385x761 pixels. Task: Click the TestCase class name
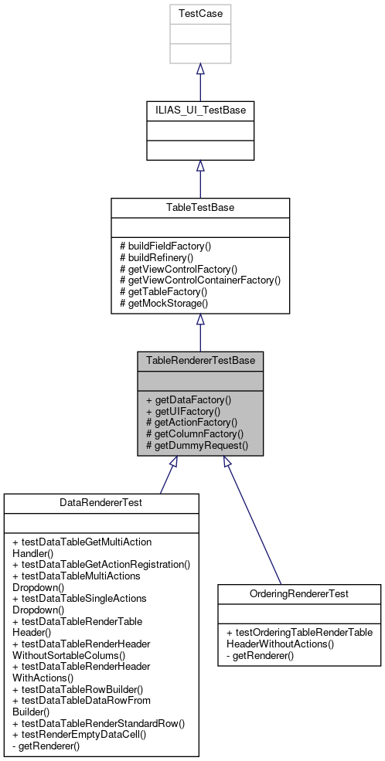click(x=200, y=14)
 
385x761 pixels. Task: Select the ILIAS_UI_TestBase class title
click(x=200, y=110)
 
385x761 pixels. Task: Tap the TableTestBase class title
click(x=200, y=208)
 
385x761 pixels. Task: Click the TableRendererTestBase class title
click(x=200, y=361)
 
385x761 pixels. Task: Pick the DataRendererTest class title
click(x=101, y=502)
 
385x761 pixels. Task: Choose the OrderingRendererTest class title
click(x=299, y=594)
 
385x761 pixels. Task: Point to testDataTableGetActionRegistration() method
click(x=101, y=564)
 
